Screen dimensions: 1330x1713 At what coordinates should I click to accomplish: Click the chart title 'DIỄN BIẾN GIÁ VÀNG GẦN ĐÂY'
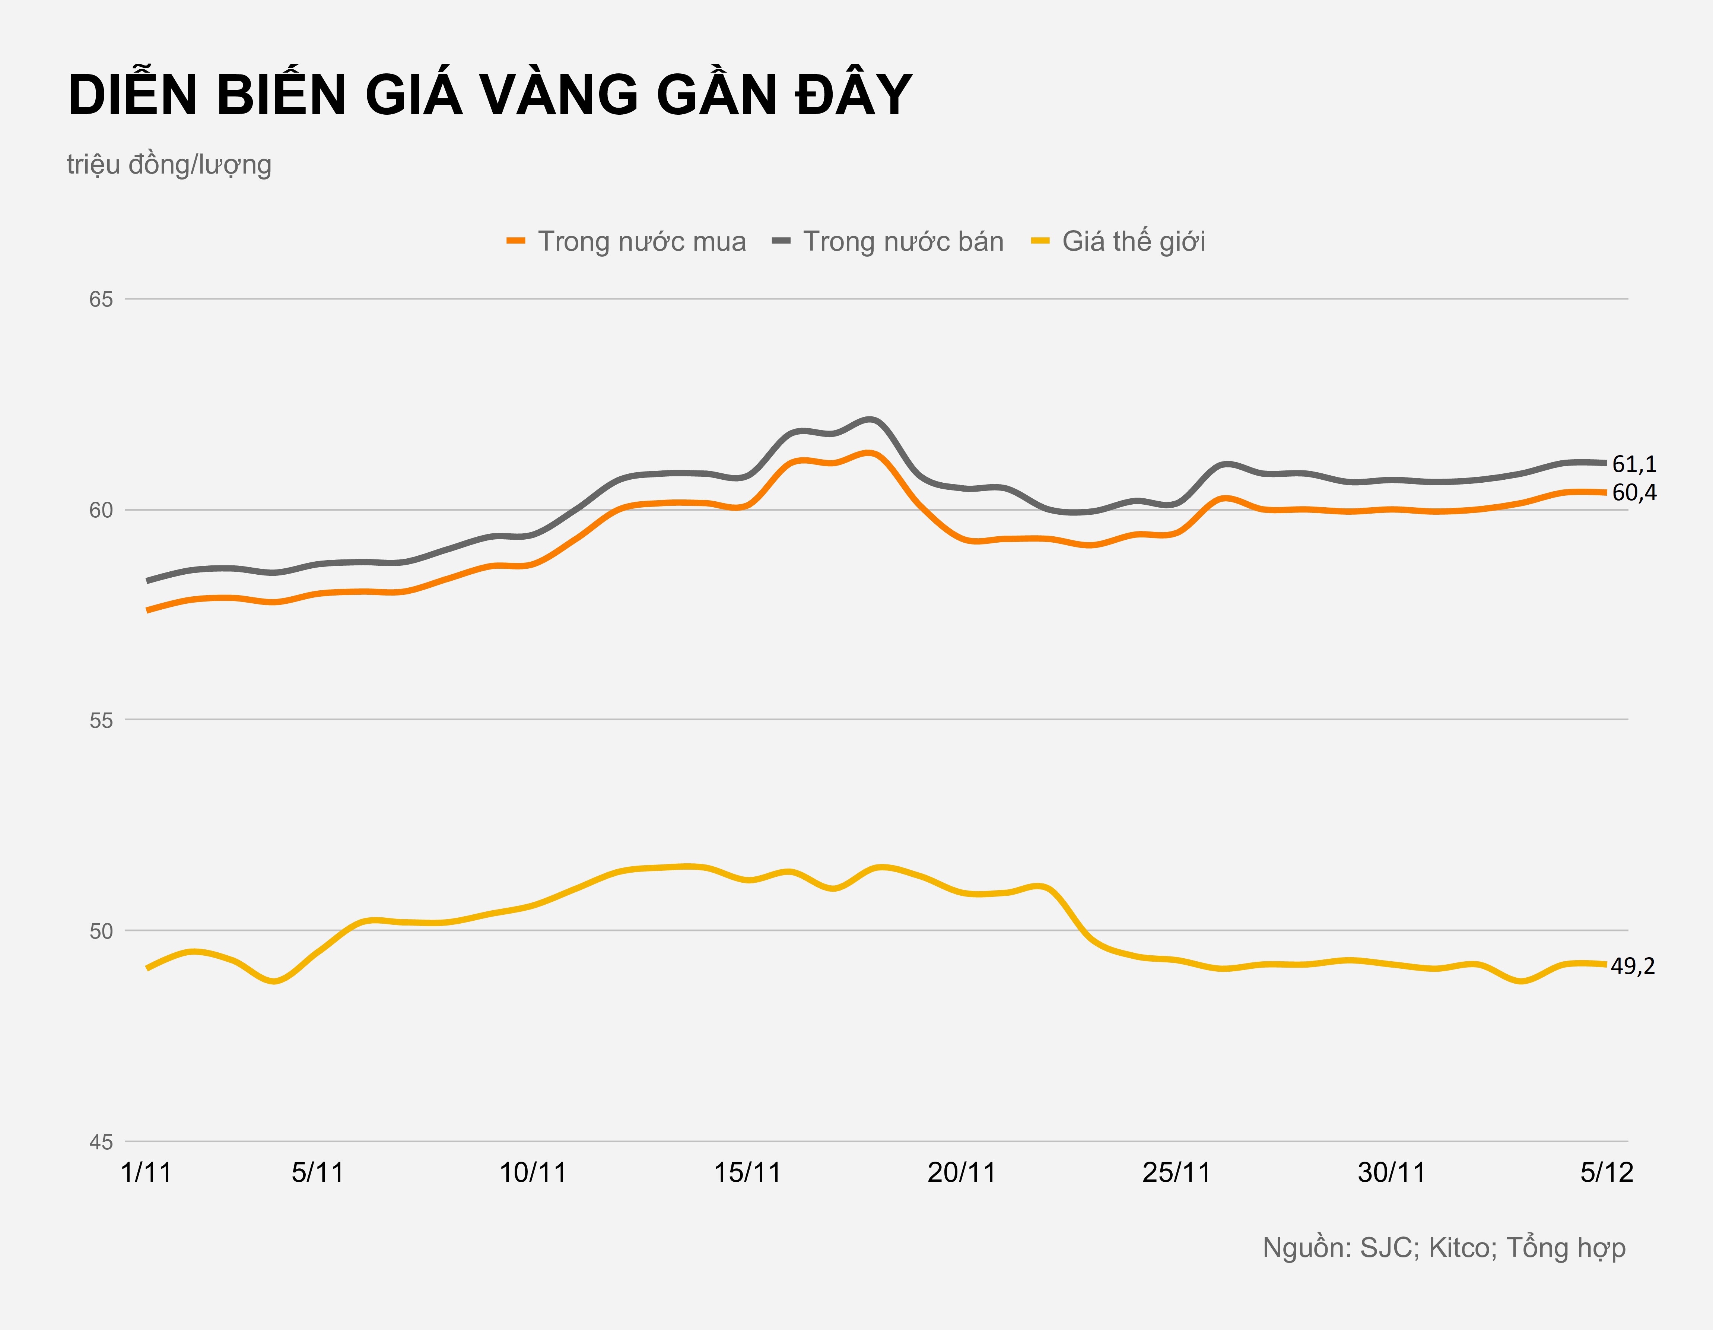coord(489,96)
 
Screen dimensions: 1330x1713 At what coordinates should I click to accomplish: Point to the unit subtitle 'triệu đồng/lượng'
coord(169,165)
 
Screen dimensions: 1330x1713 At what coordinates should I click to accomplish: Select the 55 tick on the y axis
coord(101,720)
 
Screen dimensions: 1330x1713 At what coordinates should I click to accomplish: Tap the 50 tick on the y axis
coord(101,931)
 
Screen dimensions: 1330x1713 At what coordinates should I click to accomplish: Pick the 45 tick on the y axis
coord(101,1142)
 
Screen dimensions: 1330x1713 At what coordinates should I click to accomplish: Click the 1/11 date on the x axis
coord(147,1172)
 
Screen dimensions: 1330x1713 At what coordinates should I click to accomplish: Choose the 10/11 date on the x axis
coord(533,1172)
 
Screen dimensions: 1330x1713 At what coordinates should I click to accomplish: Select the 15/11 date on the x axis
coord(747,1172)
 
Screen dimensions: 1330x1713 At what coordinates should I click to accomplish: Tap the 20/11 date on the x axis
coord(962,1172)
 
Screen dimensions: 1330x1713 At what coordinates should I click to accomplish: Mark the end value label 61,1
coord(1634,464)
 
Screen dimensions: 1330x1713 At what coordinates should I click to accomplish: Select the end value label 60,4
coord(1634,493)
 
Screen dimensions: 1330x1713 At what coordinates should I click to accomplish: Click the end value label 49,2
coord(1633,967)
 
